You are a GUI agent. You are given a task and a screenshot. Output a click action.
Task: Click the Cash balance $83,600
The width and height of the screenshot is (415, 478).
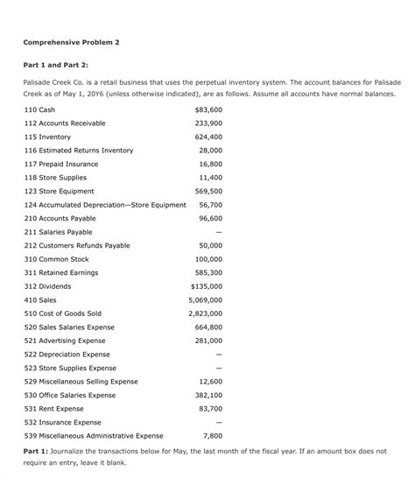coord(207,109)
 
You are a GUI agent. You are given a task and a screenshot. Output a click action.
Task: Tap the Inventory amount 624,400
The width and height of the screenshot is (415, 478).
coord(207,137)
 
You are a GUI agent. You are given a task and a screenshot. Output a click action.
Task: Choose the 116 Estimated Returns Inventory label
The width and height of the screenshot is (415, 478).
coord(79,151)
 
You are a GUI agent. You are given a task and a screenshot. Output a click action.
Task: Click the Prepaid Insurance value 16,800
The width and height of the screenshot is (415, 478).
coord(210,165)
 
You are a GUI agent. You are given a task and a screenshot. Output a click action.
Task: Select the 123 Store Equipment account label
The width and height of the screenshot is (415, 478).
coord(60,191)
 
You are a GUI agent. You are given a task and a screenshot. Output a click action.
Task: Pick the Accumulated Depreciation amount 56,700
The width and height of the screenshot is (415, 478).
coord(210,205)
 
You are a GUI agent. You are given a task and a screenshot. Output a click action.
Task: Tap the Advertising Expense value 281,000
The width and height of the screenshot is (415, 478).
coord(207,341)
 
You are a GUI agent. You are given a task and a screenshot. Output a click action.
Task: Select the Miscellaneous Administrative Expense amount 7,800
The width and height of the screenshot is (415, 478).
coord(212,435)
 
